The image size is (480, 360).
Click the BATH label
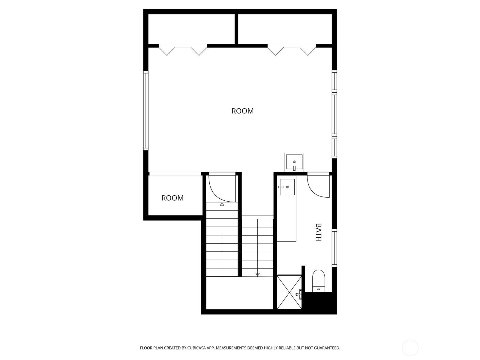tap(318, 232)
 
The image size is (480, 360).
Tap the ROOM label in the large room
tap(242, 111)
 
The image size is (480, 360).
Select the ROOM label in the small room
tap(172, 198)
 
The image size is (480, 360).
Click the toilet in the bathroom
tap(319, 281)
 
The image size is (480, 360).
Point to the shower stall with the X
tap(289, 292)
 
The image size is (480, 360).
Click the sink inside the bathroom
tap(287, 187)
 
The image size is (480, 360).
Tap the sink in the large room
tap(294, 162)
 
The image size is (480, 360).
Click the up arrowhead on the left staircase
tap(222, 204)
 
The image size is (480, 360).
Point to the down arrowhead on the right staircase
tap(257, 275)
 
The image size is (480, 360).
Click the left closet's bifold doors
tap(183, 50)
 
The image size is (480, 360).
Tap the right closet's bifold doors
tap(292, 50)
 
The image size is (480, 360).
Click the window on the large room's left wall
tap(145, 111)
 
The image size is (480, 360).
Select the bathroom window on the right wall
tap(334, 248)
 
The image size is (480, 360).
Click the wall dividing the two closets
tap(236, 29)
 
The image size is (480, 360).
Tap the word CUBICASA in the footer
tap(196, 348)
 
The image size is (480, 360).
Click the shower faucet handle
tap(299, 294)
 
